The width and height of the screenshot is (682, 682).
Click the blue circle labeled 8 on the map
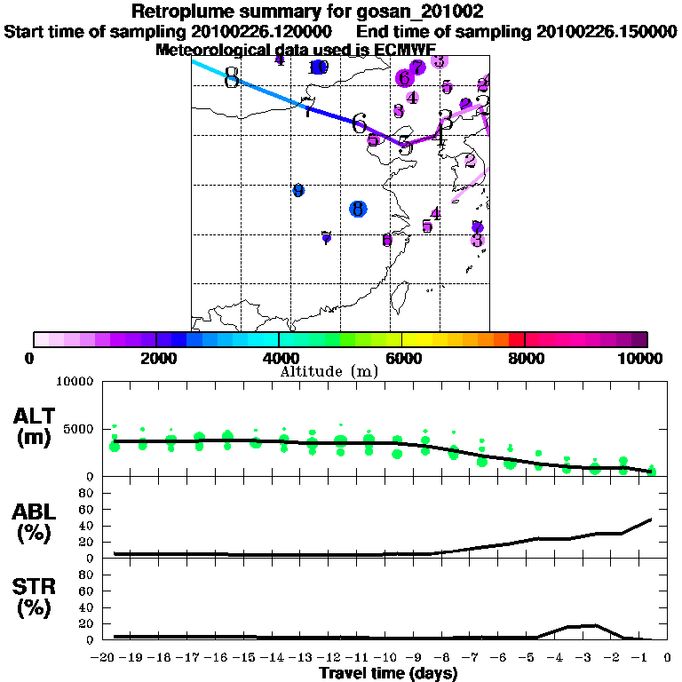(x=358, y=209)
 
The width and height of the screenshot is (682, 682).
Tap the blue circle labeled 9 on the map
(x=298, y=190)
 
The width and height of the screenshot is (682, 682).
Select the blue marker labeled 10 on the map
(x=319, y=67)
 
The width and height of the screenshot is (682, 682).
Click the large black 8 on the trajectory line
(x=232, y=78)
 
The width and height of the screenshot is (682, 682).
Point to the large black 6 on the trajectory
(x=359, y=123)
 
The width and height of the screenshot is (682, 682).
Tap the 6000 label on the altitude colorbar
(x=401, y=358)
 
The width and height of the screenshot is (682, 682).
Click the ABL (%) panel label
(x=35, y=524)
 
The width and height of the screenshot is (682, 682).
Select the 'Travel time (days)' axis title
(x=387, y=673)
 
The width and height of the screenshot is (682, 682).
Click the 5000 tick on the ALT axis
(x=75, y=429)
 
